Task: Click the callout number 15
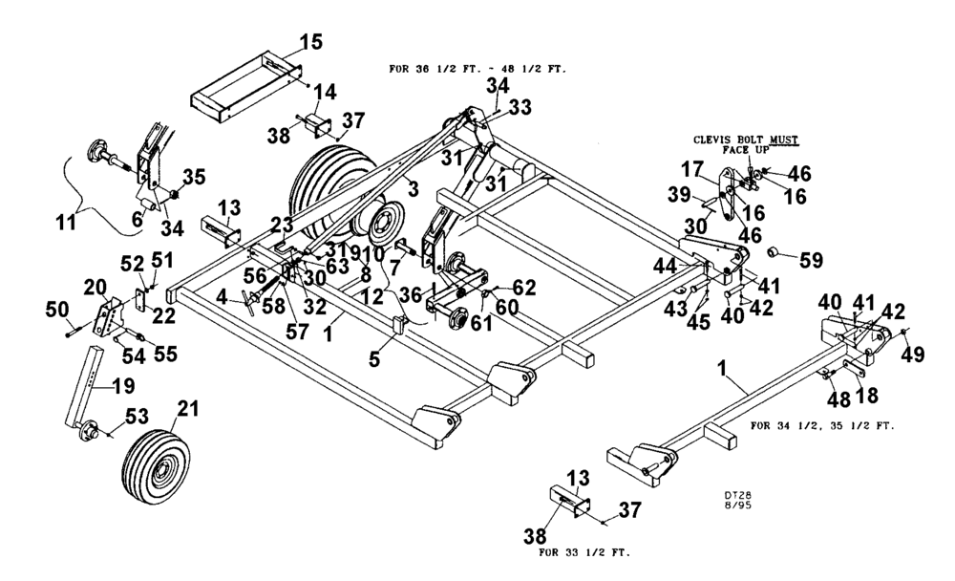point(310,42)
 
